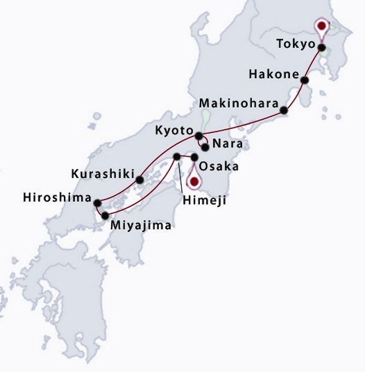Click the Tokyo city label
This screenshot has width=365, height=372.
click(x=295, y=43)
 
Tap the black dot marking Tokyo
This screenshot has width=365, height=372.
click(x=322, y=47)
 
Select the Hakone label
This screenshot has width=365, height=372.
click(x=271, y=74)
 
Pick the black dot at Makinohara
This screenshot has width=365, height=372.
click(x=284, y=110)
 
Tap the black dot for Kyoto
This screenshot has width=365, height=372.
click(x=199, y=136)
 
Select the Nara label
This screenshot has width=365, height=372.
click(x=225, y=144)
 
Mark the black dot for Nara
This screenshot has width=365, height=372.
click(x=205, y=147)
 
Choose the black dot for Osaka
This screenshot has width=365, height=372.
click(x=194, y=157)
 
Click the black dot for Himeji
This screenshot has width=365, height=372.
click(x=176, y=157)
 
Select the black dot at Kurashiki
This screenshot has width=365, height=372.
click(x=148, y=180)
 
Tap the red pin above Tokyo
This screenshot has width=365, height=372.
click(x=322, y=27)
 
